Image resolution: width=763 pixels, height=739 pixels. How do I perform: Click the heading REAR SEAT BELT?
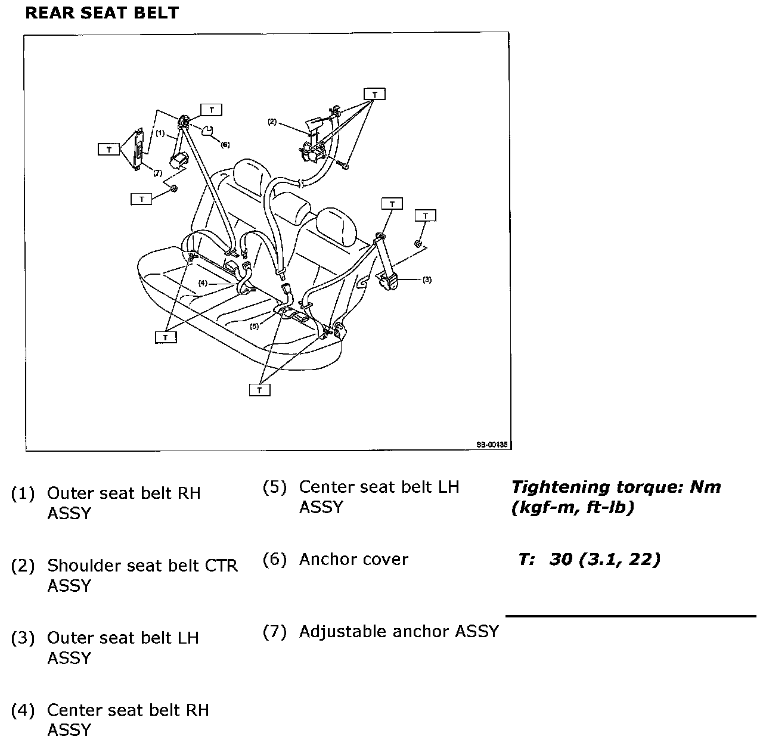tap(102, 13)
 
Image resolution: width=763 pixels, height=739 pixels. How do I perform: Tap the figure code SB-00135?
tap(492, 444)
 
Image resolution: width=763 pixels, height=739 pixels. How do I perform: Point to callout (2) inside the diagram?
tap(272, 122)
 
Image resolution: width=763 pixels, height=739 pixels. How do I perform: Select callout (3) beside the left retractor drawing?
tap(427, 280)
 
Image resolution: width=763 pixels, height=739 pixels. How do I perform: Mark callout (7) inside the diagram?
tap(157, 173)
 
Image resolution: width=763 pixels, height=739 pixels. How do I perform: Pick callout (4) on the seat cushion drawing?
tap(203, 283)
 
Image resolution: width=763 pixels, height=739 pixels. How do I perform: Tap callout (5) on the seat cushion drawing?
tap(255, 326)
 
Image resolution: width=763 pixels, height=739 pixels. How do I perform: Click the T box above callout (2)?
tap(375, 94)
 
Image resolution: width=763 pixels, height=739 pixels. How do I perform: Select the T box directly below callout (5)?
tap(260, 390)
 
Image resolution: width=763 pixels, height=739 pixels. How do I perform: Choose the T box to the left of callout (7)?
tap(109, 149)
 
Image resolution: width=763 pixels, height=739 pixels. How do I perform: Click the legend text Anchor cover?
tap(353, 560)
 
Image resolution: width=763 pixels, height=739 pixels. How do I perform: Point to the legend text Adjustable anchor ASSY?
tap(399, 632)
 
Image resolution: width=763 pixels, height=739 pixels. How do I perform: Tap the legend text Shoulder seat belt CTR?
tap(142, 566)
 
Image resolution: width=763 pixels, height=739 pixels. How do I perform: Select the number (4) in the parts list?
tap(23, 710)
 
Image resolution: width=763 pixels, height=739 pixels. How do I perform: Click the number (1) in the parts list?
tap(23, 493)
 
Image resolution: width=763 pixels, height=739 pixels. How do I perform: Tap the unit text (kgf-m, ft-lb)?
tap(572, 508)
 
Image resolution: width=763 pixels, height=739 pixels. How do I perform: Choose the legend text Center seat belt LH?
tap(379, 487)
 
